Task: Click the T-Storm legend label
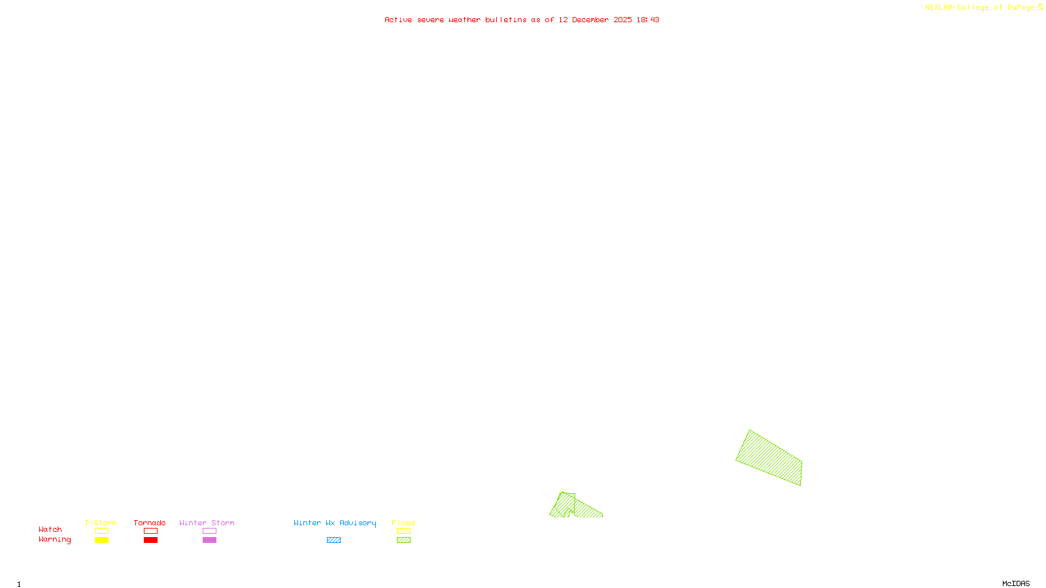[x=101, y=523]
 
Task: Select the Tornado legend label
[x=150, y=523]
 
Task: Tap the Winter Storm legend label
[x=207, y=523]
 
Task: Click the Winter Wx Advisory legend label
[x=335, y=523]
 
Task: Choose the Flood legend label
[x=403, y=523]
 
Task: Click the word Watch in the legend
[x=50, y=529]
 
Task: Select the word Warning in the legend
[x=55, y=540]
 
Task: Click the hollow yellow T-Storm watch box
[x=101, y=531]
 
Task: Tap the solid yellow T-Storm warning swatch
[x=101, y=540]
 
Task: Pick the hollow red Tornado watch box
[x=151, y=531]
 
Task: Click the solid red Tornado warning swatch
[x=151, y=540]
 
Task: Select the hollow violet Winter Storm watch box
[x=209, y=531]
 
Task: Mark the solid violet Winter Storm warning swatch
[x=209, y=540]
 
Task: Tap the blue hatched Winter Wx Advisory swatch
[x=333, y=540]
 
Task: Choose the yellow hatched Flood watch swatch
[x=404, y=531]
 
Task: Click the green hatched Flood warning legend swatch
[x=404, y=540]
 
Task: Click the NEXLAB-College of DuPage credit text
[x=980, y=8]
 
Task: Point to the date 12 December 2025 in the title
[x=595, y=20]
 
